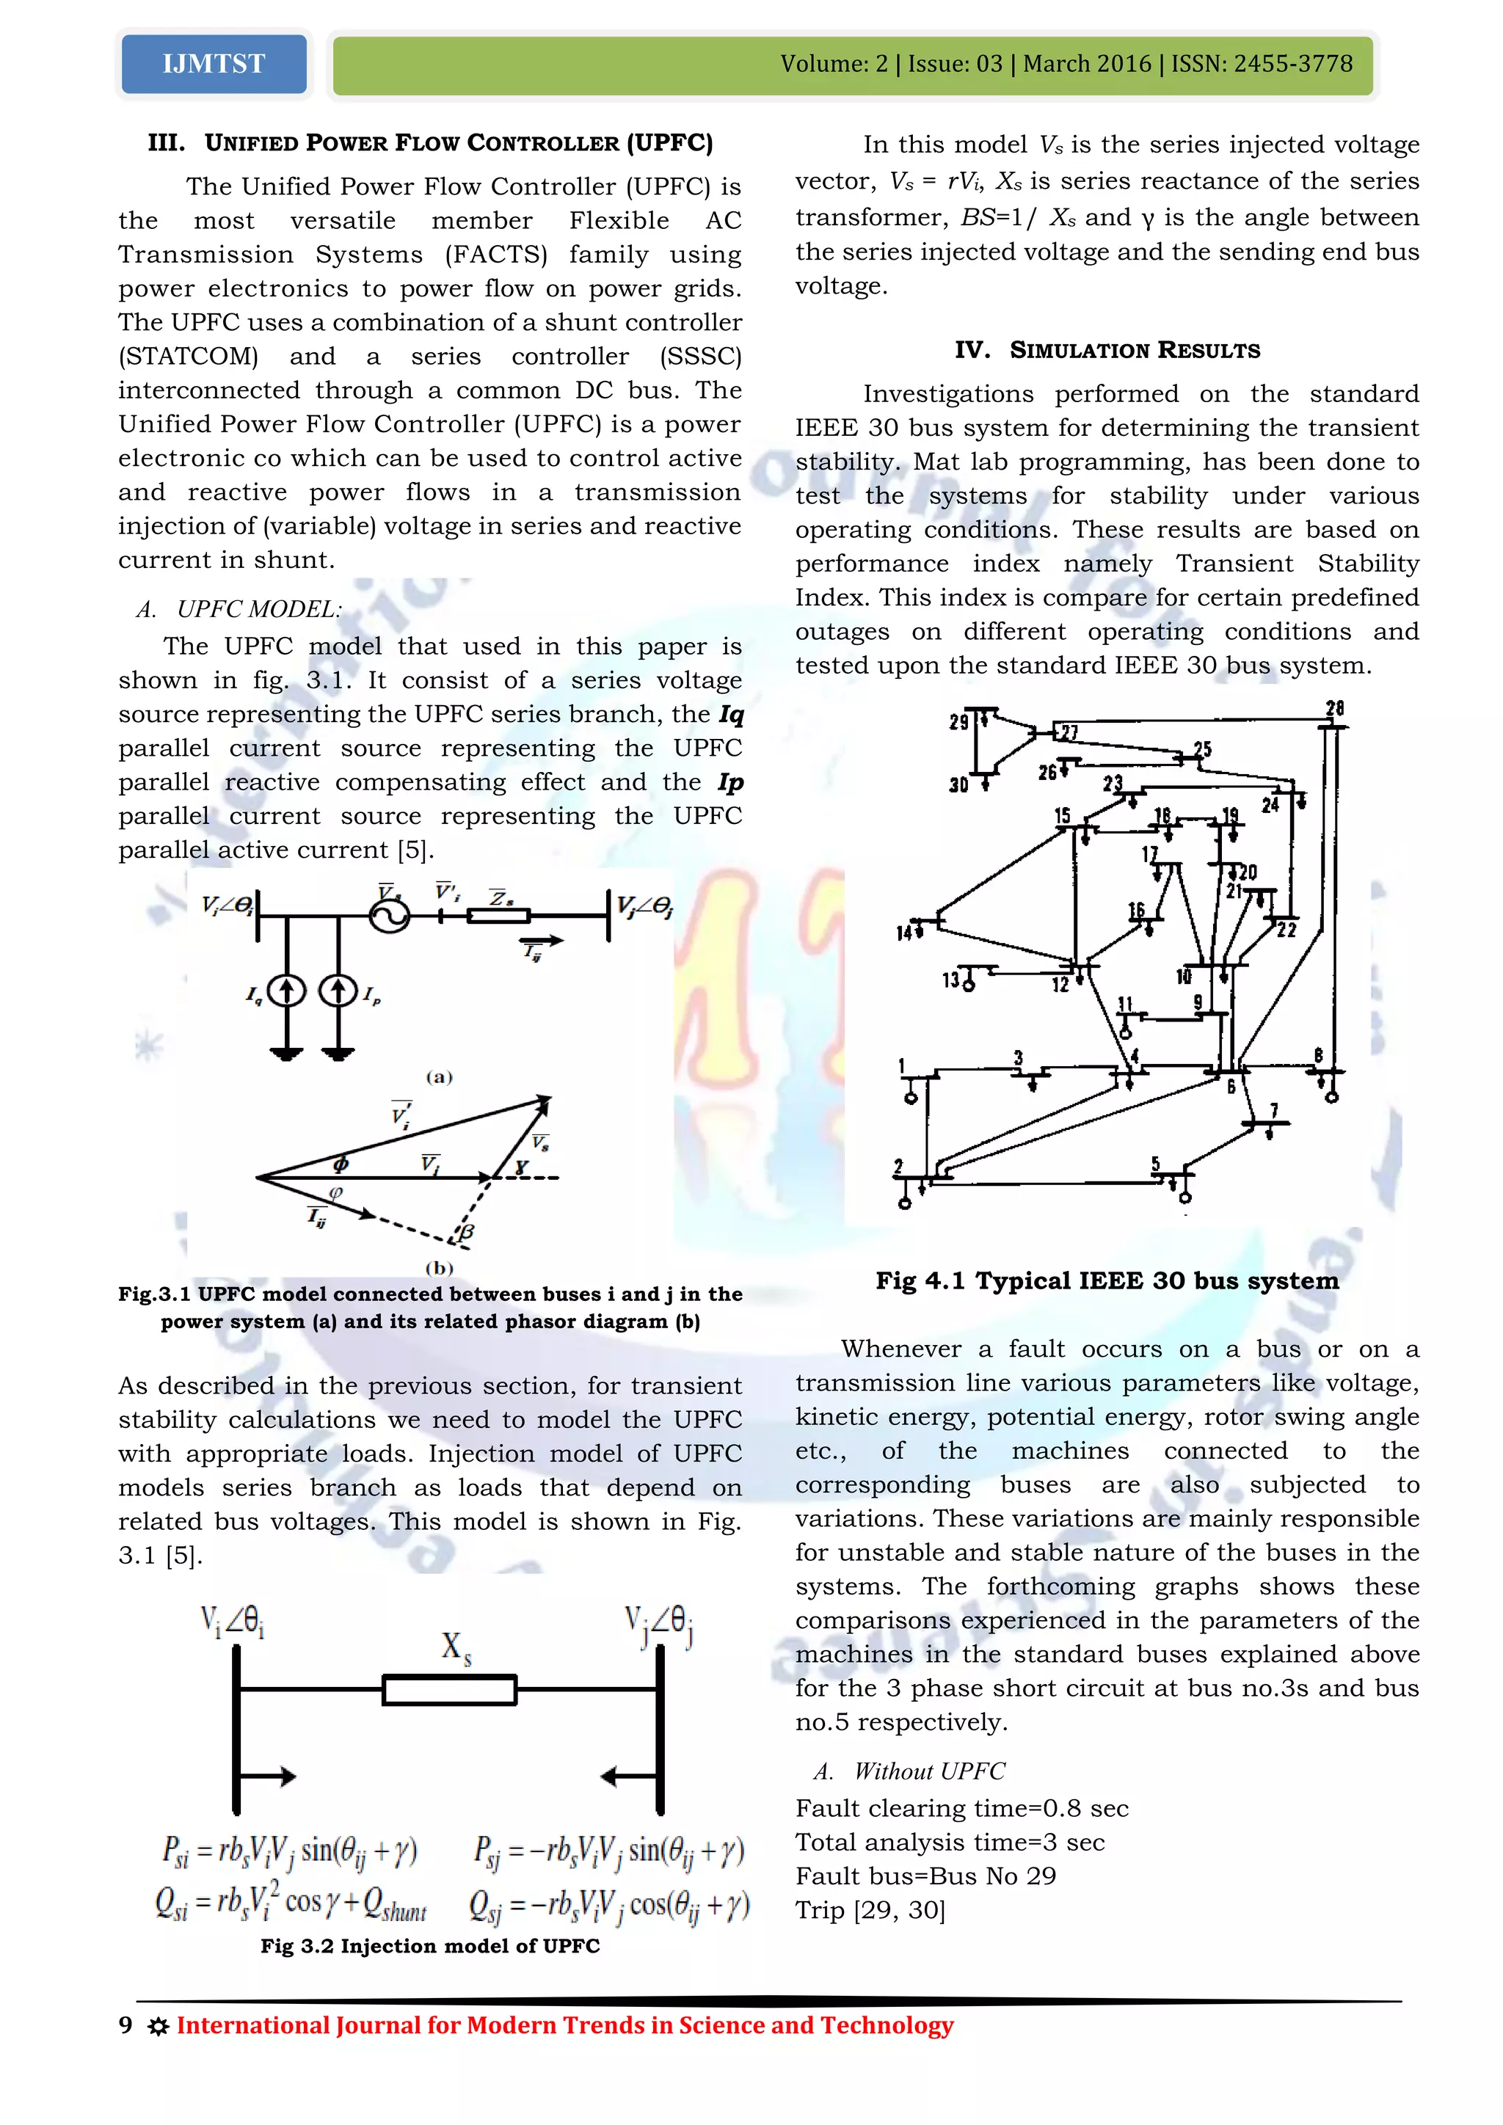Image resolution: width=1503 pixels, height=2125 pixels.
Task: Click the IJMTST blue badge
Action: tap(214, 64)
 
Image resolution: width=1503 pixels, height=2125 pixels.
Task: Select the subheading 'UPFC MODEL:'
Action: tap(259, 609)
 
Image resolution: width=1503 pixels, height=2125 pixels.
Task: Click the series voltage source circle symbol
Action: tap(389, 915)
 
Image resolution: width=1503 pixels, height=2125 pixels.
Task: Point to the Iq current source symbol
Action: tap(287, 991)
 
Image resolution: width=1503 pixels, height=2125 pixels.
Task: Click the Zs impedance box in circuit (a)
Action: tap(499, 916)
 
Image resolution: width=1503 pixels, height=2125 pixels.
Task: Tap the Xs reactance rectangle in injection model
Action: tap(450, 1690)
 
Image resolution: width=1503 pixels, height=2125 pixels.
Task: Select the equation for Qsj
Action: tap(609, 1905)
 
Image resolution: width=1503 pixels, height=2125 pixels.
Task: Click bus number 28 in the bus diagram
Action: tap(1333, 709)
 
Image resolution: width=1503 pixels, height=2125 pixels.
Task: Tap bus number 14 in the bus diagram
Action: tap(905, 932)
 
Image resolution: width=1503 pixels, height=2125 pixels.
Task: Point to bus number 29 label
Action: tap(958, 721)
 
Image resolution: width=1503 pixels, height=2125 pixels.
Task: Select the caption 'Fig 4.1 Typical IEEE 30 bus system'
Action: tap(1107, 1281)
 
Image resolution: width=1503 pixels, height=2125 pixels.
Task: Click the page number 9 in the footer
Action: tap(126, 2025)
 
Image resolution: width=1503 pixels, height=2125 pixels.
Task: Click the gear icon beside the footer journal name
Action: tap(159, 2027)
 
